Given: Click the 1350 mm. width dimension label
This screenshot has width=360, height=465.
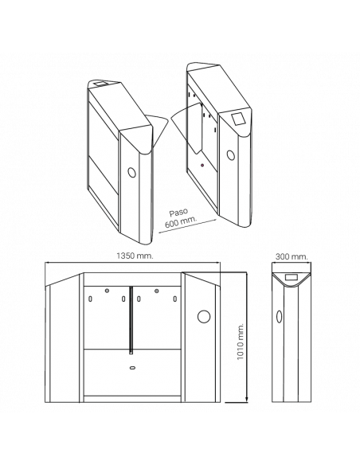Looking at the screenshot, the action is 135,256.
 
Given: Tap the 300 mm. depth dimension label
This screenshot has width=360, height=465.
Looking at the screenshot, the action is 292,256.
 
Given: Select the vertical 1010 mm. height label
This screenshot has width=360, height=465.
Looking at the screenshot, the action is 241,342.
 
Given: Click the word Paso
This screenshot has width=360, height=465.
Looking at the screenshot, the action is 179,213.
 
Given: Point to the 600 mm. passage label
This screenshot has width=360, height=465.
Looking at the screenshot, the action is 181,221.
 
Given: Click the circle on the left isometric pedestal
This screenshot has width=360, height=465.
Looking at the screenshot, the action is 132,172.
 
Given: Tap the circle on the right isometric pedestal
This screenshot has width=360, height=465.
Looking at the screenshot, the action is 231,155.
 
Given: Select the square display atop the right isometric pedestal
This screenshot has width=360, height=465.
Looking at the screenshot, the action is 238,119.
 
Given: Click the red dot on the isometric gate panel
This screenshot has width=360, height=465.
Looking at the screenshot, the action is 202,165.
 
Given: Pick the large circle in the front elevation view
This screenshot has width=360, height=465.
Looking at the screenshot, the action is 204,316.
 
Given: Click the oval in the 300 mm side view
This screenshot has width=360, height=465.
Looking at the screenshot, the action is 279,317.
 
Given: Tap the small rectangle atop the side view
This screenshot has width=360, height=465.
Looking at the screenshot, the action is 292,278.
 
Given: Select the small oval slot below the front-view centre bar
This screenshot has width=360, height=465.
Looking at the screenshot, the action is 132,368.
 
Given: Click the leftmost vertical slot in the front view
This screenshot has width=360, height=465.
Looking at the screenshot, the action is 91,299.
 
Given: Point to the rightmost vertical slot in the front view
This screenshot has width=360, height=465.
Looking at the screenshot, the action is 175,299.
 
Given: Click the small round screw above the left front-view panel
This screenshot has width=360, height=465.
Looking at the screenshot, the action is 107,291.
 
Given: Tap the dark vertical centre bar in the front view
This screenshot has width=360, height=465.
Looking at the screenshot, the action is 131,320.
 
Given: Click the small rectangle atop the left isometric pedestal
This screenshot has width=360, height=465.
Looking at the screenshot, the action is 100,84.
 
